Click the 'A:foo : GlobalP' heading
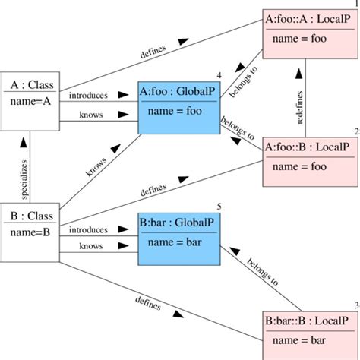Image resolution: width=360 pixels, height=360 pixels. coord(180,93)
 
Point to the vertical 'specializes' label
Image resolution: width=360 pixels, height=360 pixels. coord(24,179)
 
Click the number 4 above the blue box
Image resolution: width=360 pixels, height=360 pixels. coord(219,76)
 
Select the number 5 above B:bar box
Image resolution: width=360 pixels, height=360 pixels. coord(219,207)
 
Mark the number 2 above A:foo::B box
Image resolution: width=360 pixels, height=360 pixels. coord(355,131)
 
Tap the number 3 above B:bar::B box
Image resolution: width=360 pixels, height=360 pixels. coord(355,305)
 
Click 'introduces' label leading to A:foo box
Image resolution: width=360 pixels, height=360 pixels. coord(88,96)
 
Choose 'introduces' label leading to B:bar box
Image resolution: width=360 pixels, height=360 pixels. coord(88,229)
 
